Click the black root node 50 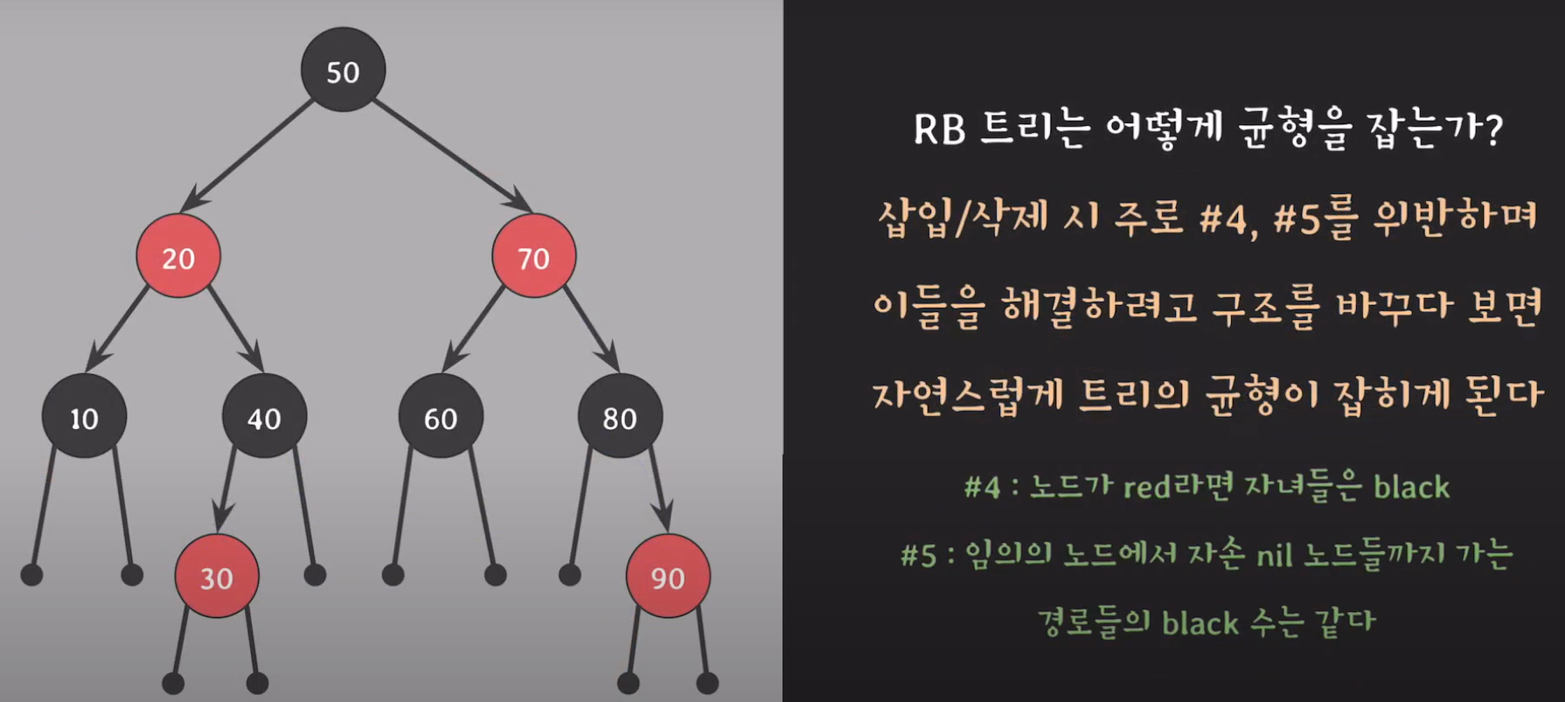click(343, 70)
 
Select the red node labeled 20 click(178, 256)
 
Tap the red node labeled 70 click(533, 256)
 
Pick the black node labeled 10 click(84, 417)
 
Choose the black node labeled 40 click(264, 417)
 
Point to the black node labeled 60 click(441, 417)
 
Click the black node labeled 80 click(620, 417)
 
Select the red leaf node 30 click(217, 576)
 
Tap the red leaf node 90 click(668, 576)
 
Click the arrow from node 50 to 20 click(248, 153)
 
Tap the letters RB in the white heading click(939, 130)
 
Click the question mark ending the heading click(1492, 130)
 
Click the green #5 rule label click(918, 555)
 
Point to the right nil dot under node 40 click(315, 574)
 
